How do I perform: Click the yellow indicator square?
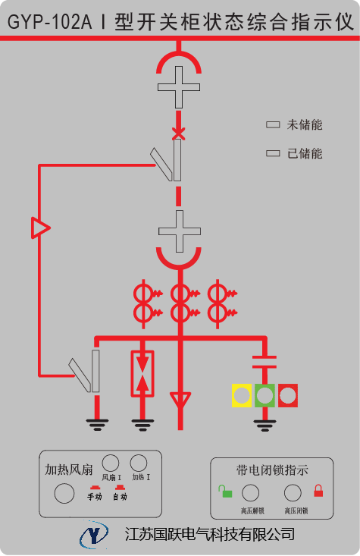pos(242,395)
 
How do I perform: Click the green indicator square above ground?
pos(265,395)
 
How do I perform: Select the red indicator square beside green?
pos(288,395)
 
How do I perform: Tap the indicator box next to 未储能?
pos(273,124)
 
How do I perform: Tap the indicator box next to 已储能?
pos(273,153)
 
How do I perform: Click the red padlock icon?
pos(318,491)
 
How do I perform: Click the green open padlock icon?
pos(225,492)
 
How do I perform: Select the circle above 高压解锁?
pos(250,493)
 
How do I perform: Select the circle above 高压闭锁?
pos(293,493)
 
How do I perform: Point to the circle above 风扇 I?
pos(111,463)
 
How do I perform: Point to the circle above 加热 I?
pos(139,463)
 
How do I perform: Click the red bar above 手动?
pos(95,488)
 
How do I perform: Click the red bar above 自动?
pos(120,488)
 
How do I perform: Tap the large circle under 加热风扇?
pos(64,494)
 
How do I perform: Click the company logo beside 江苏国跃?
pos(94,534)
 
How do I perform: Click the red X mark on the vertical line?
pos(179,134)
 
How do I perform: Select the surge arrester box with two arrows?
pos(142,373)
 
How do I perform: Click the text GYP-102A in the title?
pos(49,22)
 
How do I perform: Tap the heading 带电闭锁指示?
pos(272,470)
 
